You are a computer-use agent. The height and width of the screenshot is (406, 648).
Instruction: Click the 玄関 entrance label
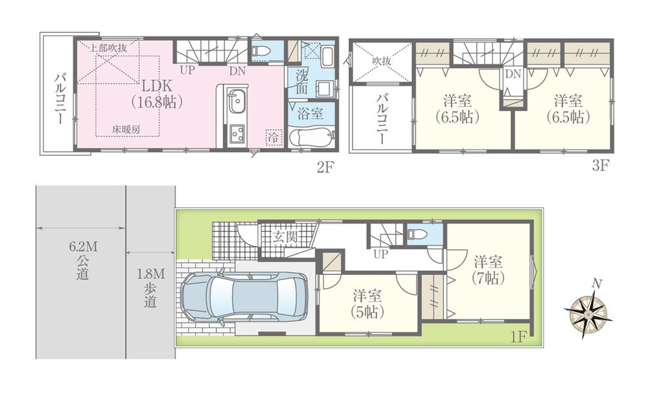click(285, 237)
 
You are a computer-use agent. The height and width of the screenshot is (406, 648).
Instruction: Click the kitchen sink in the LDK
click(236, 102)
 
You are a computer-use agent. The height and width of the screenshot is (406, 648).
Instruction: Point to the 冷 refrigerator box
click(274, 137)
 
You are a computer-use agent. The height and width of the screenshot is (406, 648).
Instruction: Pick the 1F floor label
click(518, 338)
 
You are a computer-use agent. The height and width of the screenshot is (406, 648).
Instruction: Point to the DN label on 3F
click(513, 75)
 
